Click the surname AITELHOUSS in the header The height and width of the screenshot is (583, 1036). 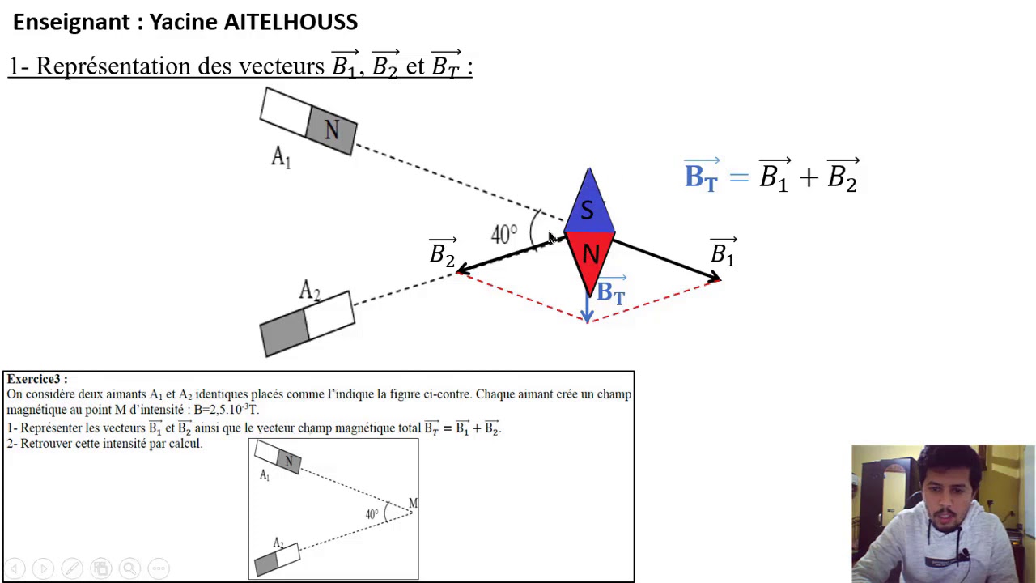(x=291, y=22)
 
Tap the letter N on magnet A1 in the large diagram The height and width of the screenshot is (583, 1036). (x=332, y=130)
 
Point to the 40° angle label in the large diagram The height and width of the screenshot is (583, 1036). (x=504, y=235)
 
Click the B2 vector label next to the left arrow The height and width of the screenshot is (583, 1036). (x=443, y=253)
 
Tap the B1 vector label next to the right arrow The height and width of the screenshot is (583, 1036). (x=723, y=253)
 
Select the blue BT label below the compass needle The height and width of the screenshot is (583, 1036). (x=611, y=290)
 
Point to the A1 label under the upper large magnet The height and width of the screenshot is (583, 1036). (x=281, y=157)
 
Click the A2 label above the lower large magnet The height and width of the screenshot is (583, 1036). (x=309, y=291)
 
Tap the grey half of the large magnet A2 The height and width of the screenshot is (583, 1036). (x=284, y=333)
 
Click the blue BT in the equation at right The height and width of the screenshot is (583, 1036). (x=702, y=175)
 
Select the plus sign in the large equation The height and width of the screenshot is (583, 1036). (x=808, y=177)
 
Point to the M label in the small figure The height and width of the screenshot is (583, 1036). (x=413, y=503)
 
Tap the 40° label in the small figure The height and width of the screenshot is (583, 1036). (x=372, y=514)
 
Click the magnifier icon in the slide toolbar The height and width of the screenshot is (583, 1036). (x=130, y=568)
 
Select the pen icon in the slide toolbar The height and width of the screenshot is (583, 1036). (x=72, y=568)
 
